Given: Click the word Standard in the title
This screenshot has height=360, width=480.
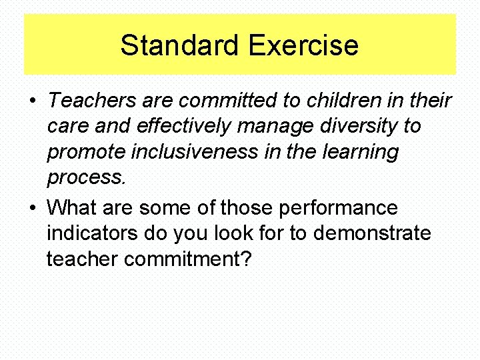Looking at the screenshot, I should [x=181, y=45].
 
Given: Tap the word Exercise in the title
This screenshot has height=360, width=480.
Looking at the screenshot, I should [x=303, y=45].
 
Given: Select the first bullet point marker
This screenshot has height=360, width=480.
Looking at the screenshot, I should [x=32, y=102].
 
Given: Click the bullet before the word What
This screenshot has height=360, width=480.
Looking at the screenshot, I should [x=32, y=209].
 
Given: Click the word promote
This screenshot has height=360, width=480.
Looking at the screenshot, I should [x=84, y=153].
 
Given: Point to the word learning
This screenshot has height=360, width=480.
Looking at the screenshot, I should [x=360, y=153].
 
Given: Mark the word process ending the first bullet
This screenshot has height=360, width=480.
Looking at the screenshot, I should [x=86, y=178].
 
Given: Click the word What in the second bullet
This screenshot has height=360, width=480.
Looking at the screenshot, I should [x=72, y=207].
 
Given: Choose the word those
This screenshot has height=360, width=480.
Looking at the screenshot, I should [x=246, y=207].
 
